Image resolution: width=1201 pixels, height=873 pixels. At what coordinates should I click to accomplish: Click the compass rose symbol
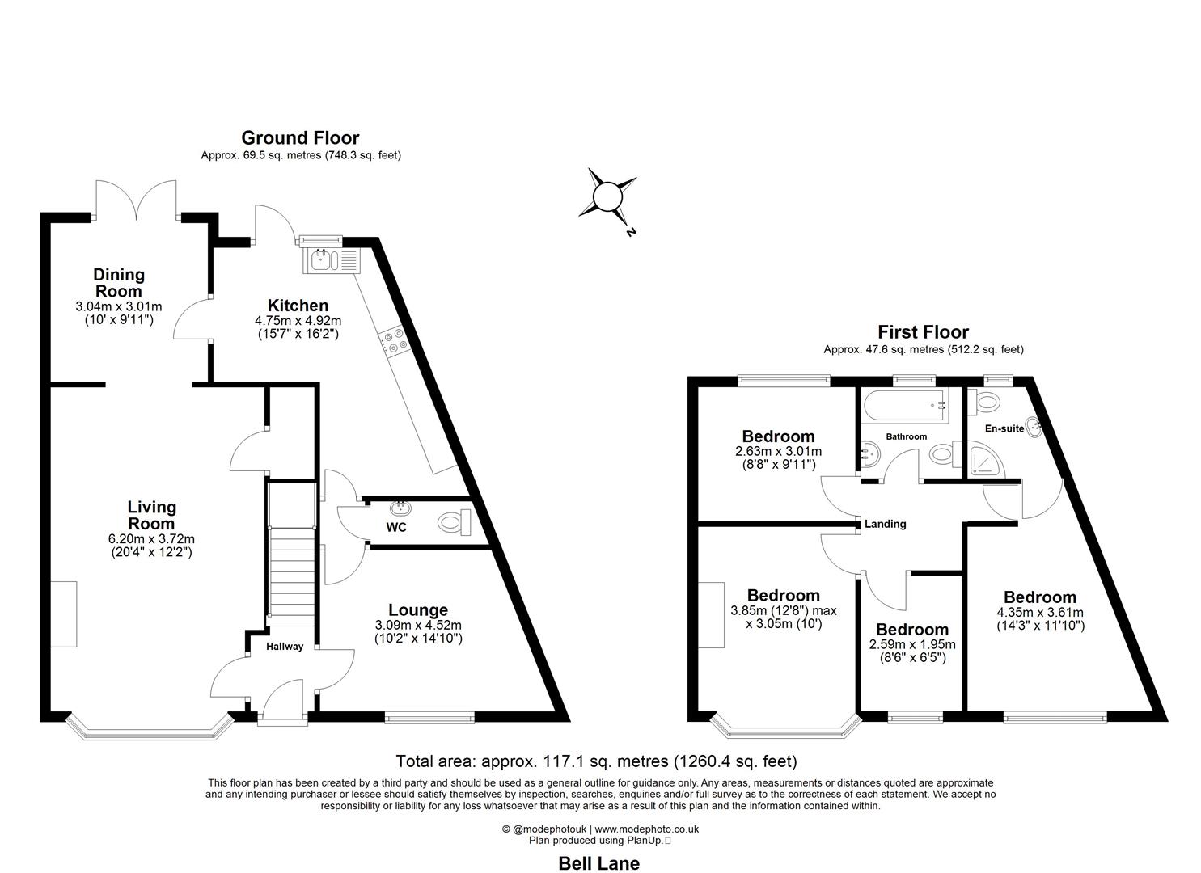[x=607, y=196]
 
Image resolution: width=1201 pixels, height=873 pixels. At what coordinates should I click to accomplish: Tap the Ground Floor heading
[x=300, y=138]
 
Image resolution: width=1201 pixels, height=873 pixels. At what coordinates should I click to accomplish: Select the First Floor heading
[x=923, y=332]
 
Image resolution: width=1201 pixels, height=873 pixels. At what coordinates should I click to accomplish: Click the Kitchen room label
[x=298, y=306]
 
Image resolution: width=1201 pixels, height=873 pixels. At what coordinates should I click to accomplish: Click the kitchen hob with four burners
[x=395, y=340]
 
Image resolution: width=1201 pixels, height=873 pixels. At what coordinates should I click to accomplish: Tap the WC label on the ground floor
[x=396, y=527]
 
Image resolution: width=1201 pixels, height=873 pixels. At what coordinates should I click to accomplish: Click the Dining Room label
[x=119, y=283]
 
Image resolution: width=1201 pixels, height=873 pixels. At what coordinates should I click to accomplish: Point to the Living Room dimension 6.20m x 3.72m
[x=152, y=539]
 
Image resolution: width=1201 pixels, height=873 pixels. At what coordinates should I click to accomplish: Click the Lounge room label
[x=418, y=610]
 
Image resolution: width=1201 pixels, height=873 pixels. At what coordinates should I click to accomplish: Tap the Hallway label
[x=285, y=646]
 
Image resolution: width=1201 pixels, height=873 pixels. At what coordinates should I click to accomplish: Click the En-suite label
[x=1004, y=428]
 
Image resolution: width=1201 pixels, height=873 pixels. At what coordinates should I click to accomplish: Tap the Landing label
[x=885, y=524]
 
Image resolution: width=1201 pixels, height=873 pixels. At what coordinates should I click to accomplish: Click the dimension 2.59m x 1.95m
[x=912, y=644]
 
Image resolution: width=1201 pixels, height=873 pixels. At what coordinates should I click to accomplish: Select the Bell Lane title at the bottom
[x=599, y=863]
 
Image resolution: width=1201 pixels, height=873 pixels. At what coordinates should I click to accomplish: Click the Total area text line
[x=596, y=761]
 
